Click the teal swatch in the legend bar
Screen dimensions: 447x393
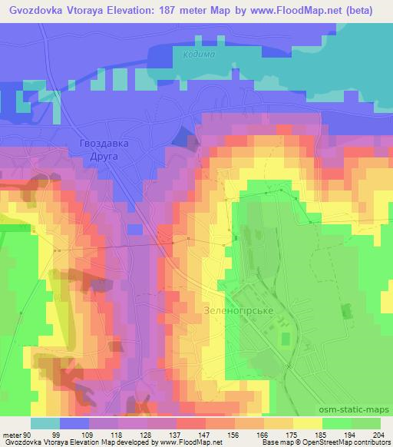pyautogui.click(x=45, y=423)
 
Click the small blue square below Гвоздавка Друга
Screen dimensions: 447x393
pyautogui.click(x=135, y=229)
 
